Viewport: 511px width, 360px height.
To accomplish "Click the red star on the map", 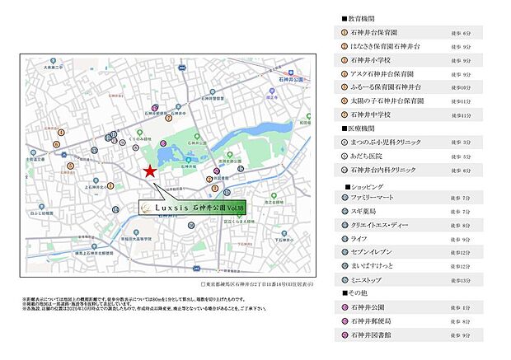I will point(149,171).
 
